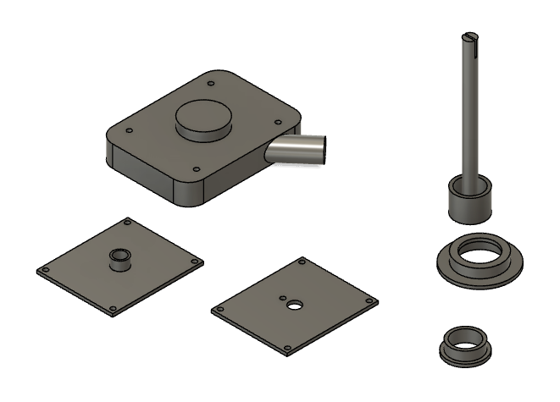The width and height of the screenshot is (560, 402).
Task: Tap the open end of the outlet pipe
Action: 316,148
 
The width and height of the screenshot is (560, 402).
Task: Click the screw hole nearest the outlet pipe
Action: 276,123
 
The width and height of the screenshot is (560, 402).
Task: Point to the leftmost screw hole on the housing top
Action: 128,130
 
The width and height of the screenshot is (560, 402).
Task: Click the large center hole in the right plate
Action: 294,305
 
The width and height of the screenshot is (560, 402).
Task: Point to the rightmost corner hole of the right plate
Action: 369,300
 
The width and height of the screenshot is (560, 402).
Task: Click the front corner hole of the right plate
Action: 288,347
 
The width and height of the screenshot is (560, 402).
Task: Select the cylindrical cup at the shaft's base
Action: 470,196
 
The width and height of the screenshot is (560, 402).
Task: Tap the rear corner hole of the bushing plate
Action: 126,222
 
